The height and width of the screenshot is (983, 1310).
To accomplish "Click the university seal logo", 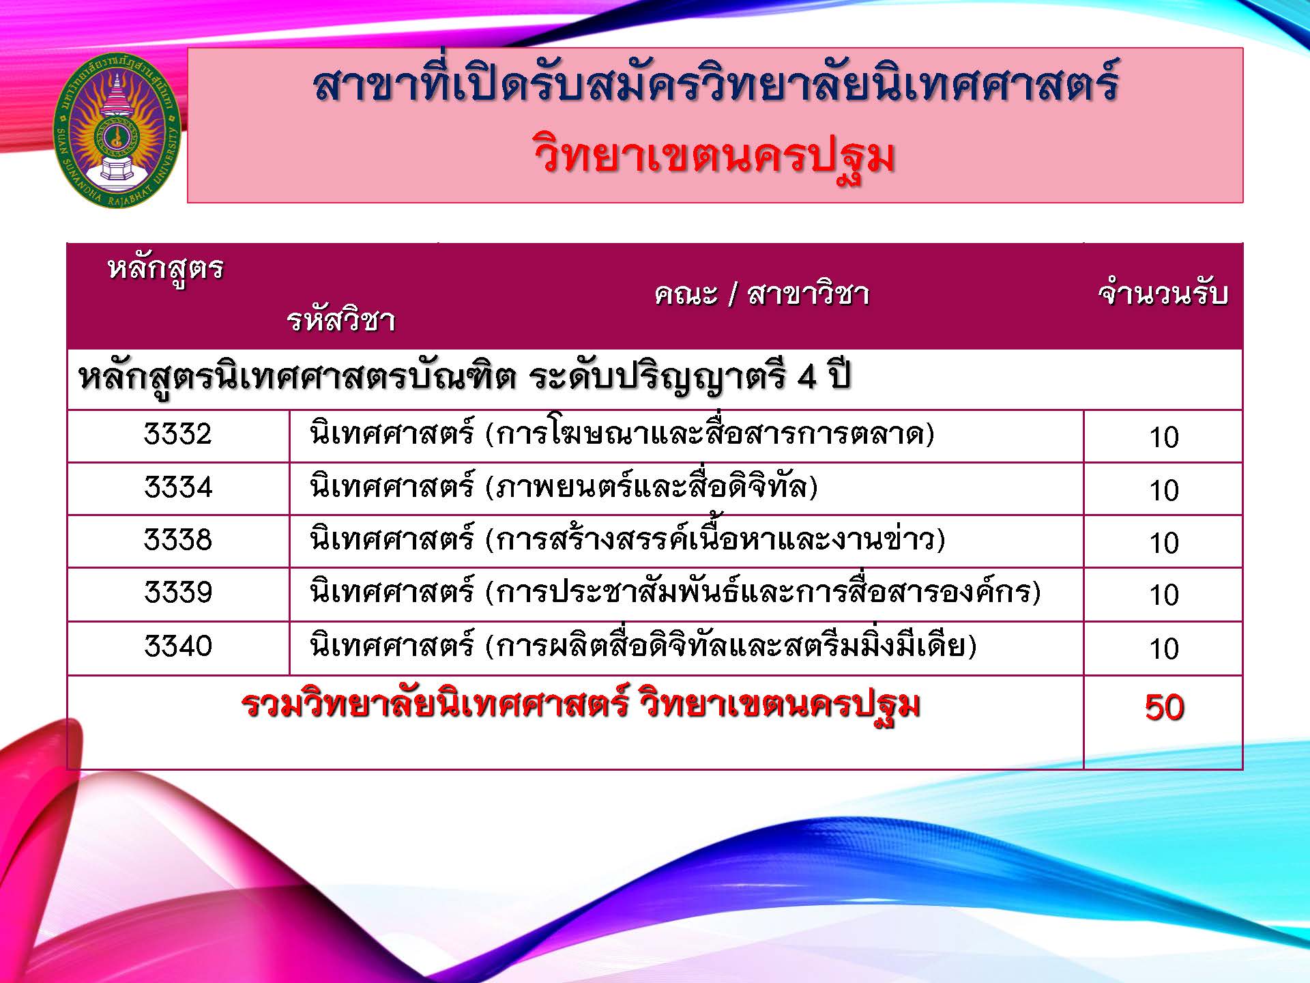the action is point(116,130).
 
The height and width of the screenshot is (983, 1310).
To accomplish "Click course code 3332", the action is point(178,434).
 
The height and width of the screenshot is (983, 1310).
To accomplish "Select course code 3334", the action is point(178,487).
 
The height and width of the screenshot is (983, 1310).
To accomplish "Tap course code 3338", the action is point(178,540).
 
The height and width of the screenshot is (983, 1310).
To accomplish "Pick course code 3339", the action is point(178,592).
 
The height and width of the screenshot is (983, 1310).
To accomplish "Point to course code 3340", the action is point(178,646).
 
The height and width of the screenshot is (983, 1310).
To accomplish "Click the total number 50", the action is point(1164,707).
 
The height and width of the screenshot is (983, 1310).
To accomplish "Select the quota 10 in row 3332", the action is point(1164,437).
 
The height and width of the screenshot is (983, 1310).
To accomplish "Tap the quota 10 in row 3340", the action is point(1164,649).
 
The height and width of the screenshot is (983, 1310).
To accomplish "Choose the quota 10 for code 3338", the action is point(1164,543).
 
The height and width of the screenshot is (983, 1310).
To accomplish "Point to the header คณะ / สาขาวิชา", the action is point(761,294).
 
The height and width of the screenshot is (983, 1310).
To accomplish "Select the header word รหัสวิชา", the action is point(340,319).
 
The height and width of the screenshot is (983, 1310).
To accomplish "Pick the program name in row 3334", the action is point(564,487).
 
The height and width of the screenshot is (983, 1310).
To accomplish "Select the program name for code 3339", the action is point(675,591).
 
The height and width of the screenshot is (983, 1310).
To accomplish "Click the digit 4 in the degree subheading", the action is point(807,377).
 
